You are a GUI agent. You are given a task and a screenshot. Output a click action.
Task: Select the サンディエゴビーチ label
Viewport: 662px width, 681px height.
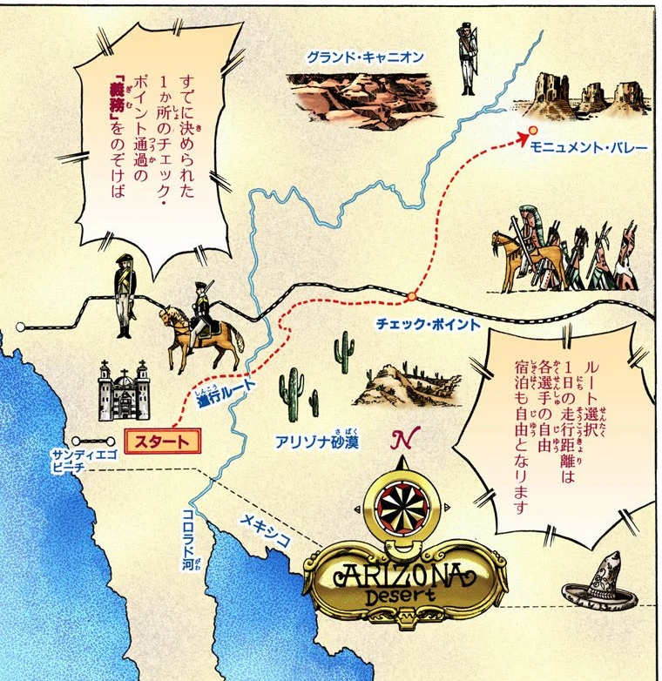click(x=78, y=461)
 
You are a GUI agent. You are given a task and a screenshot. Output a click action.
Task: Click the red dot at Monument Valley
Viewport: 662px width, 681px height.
click(x=530, y=131)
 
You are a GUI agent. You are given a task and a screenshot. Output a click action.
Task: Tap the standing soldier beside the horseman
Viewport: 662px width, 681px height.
click(x=125, y=293)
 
